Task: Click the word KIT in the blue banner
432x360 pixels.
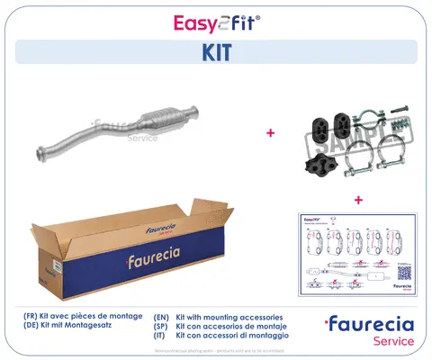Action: click(x=216, y=53)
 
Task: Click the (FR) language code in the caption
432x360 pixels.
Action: click(x=31, y=318)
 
